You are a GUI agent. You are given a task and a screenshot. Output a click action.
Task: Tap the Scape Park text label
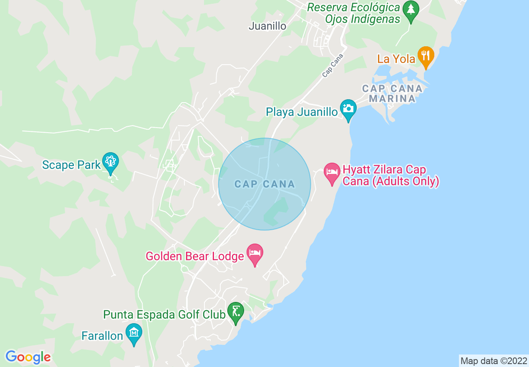pos(71,165)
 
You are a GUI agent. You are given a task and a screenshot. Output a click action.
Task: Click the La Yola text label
pos(396,59)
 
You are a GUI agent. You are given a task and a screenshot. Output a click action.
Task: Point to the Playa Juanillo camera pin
pos(348,108)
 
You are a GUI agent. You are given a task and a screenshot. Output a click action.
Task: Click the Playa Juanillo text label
pos(302,112)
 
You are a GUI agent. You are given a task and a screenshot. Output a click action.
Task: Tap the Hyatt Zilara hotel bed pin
pos(332,172)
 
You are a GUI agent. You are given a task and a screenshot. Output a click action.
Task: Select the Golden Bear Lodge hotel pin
pos(255,253)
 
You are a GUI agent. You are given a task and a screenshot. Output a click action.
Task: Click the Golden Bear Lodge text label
pos(194,256)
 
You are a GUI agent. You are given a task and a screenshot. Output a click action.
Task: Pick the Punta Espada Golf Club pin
pos(236,311)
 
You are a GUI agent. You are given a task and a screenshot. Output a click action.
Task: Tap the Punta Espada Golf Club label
pos(164,314)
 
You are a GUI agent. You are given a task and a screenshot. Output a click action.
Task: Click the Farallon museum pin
pos(134,332)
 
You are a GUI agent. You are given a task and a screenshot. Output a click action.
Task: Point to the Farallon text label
pos(102,336)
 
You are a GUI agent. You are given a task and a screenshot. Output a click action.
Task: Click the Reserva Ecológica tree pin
pos(411,10)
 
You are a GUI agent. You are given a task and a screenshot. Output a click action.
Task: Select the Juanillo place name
pos(267,26)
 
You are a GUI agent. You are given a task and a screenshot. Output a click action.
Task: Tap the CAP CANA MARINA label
pos(392,93)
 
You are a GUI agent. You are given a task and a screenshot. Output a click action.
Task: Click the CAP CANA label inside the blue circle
pos(264,184)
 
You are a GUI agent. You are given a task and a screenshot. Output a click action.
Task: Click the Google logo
pos(28,357)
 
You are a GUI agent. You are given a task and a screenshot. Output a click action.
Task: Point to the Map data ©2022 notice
pos(494,361)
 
